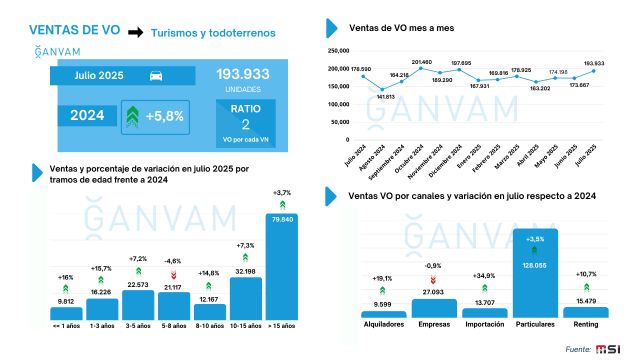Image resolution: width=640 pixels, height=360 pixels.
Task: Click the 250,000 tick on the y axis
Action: (337, 49)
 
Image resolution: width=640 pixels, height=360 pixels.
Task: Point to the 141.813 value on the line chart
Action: (385, 96)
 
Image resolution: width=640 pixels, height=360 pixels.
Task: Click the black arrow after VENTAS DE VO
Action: (133, 31)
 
